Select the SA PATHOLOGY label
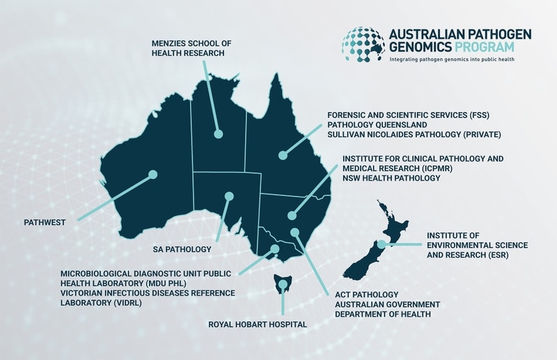pos(182,249)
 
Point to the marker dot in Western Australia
pos(152,175)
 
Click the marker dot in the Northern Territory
pos(218,133)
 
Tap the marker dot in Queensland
pos(282,156)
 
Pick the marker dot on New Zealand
pos(382,244)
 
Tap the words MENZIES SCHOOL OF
pos(191,43)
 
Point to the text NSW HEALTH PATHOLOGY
pos(391,179)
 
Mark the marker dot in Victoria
pos(275,249)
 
